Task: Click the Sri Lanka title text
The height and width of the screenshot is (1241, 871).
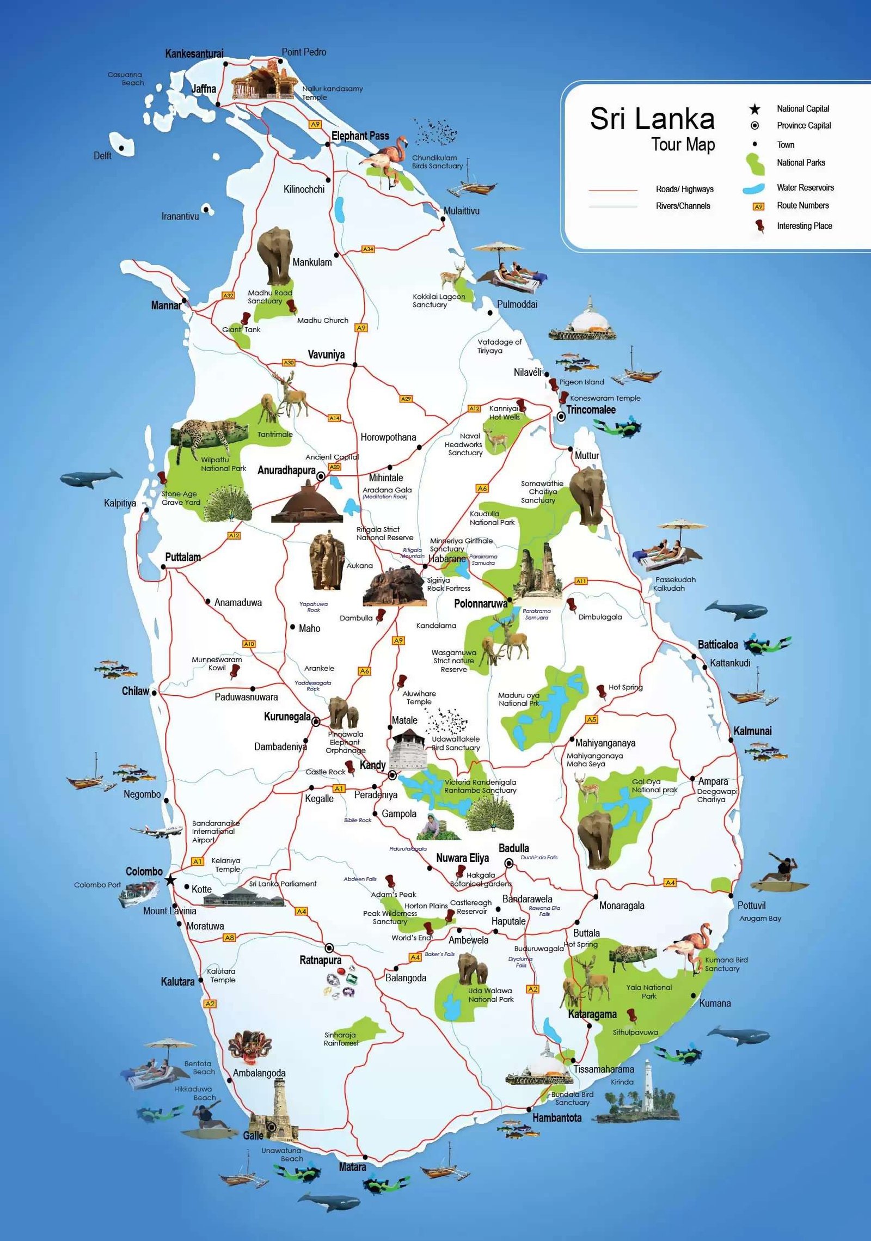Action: click(652, 118)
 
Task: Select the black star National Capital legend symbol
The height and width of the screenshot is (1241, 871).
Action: click(755, 109)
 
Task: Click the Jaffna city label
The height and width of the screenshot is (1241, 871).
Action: click(204, 89)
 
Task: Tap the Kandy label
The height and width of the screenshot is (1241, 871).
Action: click(372, 765)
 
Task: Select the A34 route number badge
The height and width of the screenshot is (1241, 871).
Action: click(369, 249)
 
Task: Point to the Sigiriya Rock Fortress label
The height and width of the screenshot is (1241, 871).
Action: click(448, 584)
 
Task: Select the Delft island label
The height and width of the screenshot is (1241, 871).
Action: click(102, 156)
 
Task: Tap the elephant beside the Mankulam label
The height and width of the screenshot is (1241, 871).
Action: click(275, 256)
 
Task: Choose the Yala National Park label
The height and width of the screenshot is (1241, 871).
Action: click(649, 992)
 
